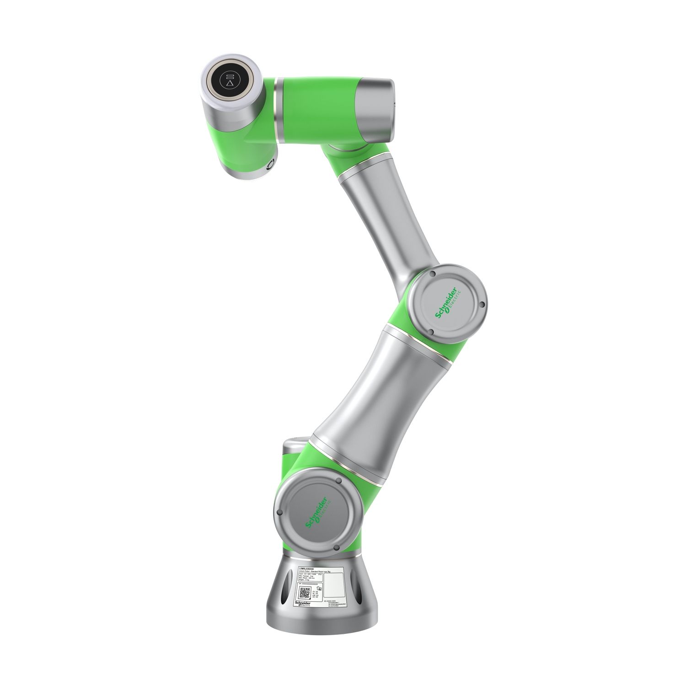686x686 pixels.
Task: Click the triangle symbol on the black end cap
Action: [230, 84]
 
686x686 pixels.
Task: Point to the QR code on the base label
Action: [305, 594]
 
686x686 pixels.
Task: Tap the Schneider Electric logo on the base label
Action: [303, 605]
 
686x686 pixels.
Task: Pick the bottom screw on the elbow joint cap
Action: [430, 333]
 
